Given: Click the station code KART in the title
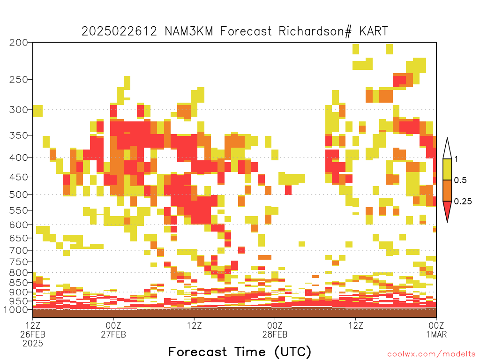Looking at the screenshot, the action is pos(374,31).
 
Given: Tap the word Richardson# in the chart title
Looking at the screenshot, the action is pos(315,31).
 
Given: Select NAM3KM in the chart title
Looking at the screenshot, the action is pos(189,31).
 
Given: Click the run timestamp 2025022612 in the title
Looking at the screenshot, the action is pos(119,31).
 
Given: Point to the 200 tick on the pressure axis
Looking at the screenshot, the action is pos(18,43).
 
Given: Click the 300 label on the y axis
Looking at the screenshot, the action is pos(18,110).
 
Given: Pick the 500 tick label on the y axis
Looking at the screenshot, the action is pos(18,195).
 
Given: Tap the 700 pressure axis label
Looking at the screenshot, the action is pos(18,250).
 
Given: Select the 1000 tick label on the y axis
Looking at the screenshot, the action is pos(16,309).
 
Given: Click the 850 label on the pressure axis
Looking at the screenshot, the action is pos(18,283).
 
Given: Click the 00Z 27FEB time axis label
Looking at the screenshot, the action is pos(113,330).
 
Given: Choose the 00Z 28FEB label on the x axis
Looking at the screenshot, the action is pos(275,330).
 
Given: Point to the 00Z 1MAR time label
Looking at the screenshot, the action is pos(436,330).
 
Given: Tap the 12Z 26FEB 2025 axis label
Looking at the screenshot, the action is pos(33,334).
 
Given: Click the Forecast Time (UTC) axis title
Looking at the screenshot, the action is pos(240,352).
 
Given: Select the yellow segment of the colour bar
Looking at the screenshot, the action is pos(447,169).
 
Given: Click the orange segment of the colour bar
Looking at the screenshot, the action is pos(447,190).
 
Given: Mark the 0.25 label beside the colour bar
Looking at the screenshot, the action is pos(463,202).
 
